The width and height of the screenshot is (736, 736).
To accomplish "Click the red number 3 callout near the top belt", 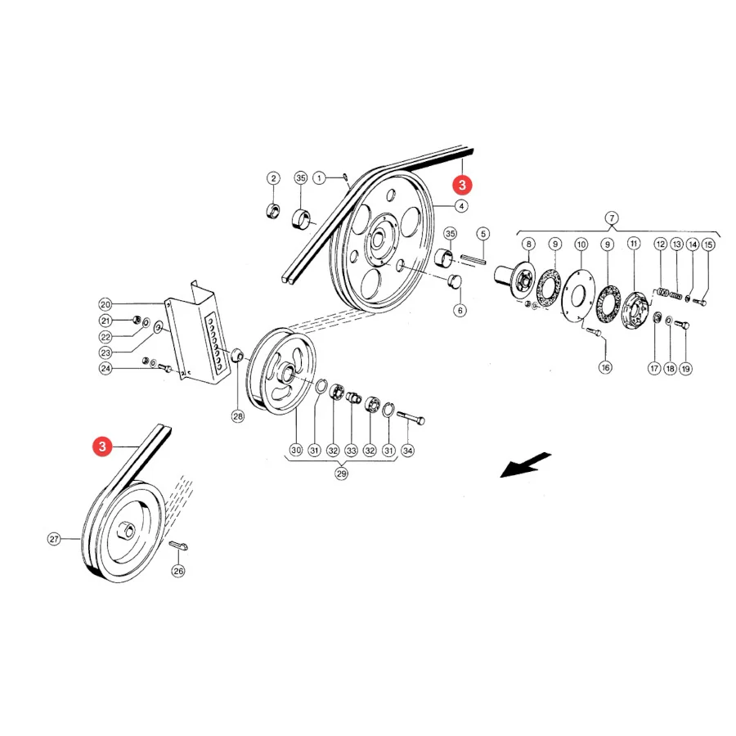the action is [462, 185].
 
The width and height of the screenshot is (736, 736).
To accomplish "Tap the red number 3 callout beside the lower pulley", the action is [102, 446].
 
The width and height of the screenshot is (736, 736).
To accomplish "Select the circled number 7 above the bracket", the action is [612, 218].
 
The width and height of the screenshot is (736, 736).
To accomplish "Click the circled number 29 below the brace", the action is [341, 473].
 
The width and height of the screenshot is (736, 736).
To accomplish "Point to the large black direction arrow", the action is [525, 465].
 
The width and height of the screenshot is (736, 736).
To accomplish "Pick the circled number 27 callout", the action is [54, 539].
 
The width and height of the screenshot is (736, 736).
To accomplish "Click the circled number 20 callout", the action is [105, 304].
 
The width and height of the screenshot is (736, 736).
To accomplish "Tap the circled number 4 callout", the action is [461, 206].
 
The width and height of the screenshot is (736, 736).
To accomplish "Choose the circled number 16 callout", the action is [605, 367].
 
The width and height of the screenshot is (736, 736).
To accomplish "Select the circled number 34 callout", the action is [407, 451].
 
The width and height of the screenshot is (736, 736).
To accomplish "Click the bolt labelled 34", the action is [411, 417].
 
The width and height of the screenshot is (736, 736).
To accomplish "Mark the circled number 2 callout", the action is [273, 178].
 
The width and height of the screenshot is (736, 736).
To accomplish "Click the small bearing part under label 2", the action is [272, 211].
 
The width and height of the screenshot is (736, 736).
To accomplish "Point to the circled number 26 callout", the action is [178, 571].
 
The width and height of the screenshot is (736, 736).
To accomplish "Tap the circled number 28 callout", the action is [238, 416].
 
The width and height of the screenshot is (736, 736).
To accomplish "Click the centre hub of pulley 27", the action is [128, 531].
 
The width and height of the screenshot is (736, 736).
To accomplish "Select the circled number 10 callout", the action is [581, 245].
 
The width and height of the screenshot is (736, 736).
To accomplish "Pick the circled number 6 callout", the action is [460, 310].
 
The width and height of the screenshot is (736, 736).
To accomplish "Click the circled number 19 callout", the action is [686, 369].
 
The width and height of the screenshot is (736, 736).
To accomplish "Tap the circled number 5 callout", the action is [482, 234].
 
